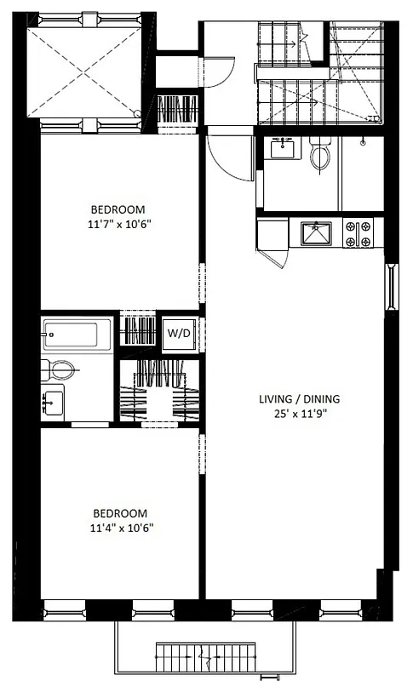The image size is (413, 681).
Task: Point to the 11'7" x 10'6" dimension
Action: (120, 225)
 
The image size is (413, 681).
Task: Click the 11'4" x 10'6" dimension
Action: (120, 529)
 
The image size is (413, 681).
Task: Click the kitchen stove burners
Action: (359, 234)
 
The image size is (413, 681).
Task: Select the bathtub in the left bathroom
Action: (77, 334)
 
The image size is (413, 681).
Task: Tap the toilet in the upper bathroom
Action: (321, 156)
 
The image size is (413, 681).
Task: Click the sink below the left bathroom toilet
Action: (53, 398)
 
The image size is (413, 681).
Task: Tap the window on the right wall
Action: (393, 288)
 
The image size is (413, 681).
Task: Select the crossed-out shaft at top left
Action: (84, 73)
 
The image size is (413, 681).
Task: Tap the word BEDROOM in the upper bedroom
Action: (120, 209)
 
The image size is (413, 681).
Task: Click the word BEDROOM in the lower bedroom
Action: (120, 513)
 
